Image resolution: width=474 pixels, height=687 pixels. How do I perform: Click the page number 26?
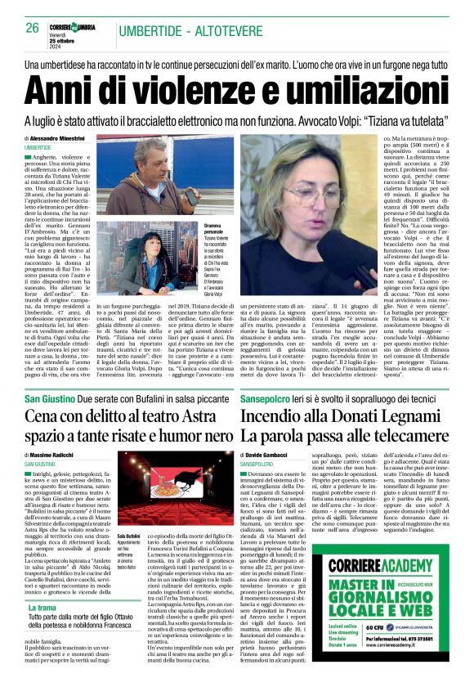(x=33, y=28)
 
